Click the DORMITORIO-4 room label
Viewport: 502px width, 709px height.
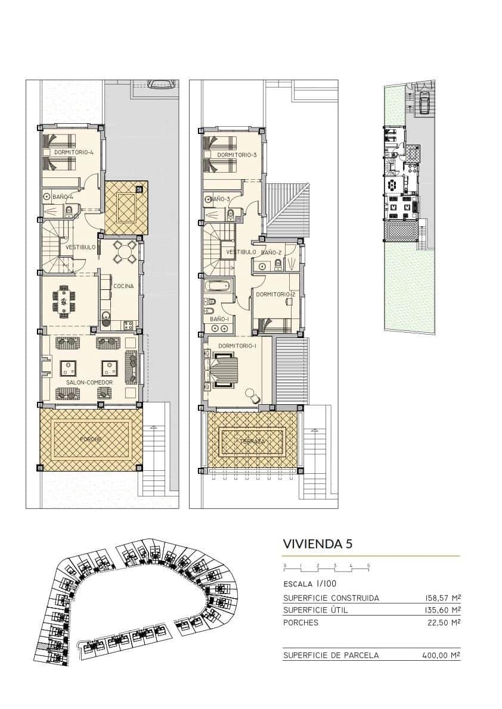click(74, 152)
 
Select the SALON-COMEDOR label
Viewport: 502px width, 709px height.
click(91, 382)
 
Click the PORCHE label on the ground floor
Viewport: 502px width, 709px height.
click(91, 439)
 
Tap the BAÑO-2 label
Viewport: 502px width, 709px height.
click(271, 252)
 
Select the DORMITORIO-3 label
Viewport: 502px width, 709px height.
click(237, 155)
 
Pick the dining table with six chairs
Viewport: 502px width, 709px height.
click(64, 299)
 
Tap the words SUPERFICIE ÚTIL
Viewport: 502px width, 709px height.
click(315, 610)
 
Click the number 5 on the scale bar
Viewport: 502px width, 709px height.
click(368, 565)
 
